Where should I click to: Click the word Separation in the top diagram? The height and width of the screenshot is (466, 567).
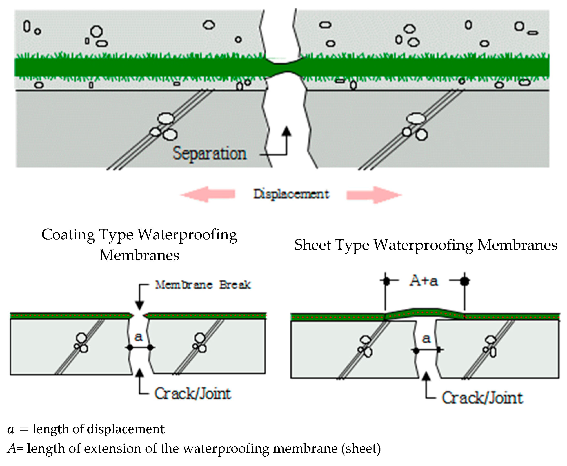pos(209,153)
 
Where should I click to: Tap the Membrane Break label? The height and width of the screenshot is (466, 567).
pos(203,285)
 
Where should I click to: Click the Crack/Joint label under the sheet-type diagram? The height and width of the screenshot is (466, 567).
pos(482,398)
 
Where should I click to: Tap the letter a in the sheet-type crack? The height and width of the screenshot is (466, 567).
pos(426,338)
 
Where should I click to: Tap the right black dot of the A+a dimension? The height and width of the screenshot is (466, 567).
pos(465,281)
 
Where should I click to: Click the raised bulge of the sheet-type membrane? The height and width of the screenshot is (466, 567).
pos(425,312)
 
